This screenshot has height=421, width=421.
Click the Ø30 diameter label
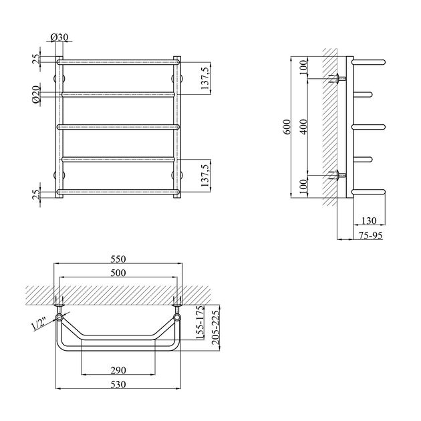(x=59, y=37)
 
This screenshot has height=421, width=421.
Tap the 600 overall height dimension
(x=287, y=127)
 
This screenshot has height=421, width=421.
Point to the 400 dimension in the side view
(x=303, y=127)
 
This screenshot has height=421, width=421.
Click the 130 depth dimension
(x=369, y=221)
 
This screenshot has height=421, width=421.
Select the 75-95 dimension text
(x=370, y=235)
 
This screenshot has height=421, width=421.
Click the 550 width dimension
(x=118, y=259)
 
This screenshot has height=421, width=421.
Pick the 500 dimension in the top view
(x=118, y=273)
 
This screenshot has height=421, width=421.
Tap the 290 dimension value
(x=118, y=370)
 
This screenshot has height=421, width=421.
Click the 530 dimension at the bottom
(x=118, y=384)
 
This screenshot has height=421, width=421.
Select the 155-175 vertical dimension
(x=200, y=323)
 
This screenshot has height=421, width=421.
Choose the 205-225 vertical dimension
(x=216, y=327)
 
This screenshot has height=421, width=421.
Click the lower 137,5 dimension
(x=205, y=175)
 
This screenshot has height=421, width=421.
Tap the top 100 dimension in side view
(x=303, y=67)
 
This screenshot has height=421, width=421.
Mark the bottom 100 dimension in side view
(x=303, y=186)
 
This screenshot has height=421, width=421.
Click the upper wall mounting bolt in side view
(x=337, y=78)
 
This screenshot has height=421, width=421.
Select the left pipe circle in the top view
(x=59, y=318)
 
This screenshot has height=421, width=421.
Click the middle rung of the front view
(x=118, y=127)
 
